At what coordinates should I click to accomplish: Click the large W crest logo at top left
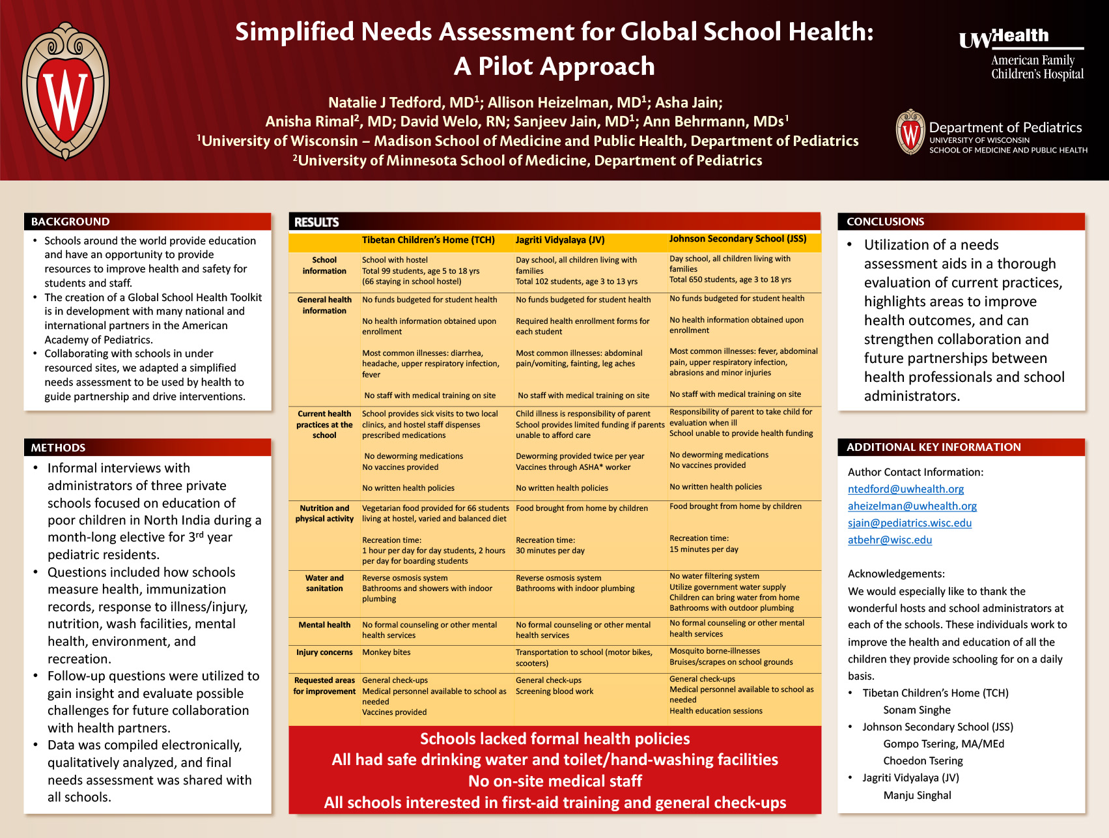pos(65,91)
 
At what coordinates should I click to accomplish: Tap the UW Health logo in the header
pos(1020,56)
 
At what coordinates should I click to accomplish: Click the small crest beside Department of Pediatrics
pos(910,132)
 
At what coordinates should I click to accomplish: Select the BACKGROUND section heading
pos(70,222)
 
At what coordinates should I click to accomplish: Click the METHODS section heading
pos(59,448)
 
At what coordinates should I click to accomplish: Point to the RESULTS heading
pos(316,222)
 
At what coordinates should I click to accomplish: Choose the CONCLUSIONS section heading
pos(885,222)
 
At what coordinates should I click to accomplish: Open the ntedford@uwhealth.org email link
pos(905,489)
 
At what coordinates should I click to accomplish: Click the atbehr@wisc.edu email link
pos(890,540)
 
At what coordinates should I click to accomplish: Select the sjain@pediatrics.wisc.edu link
pos(909,523)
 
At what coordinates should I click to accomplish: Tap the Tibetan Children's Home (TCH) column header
pos(428,240)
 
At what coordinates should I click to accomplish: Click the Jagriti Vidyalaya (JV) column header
pos(560,240)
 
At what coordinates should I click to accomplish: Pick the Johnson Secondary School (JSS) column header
pos(737,239)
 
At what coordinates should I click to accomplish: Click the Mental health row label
pos(324,625)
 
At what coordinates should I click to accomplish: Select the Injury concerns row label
pos(324,652)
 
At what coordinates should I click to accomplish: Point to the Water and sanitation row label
pos(324,583)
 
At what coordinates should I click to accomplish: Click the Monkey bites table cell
pos(386,652)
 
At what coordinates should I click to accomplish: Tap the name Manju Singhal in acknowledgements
pos(917,795)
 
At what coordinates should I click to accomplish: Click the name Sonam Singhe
pos(916,710)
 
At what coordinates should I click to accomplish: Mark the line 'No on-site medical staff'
pos(555,781)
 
